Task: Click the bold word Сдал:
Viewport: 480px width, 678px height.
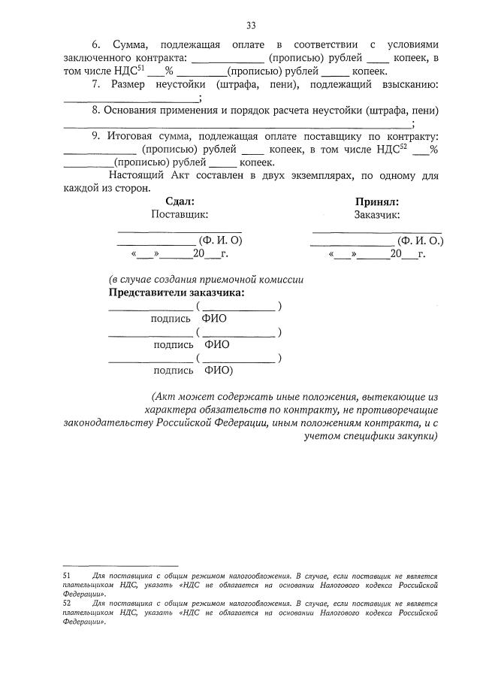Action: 180,201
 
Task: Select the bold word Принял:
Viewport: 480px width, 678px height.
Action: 376,201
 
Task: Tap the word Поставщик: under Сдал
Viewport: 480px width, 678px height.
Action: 180,214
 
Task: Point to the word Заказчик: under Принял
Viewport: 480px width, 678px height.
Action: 376,214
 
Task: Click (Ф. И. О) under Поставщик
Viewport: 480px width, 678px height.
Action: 219,241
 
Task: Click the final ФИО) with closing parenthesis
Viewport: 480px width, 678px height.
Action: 219,370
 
